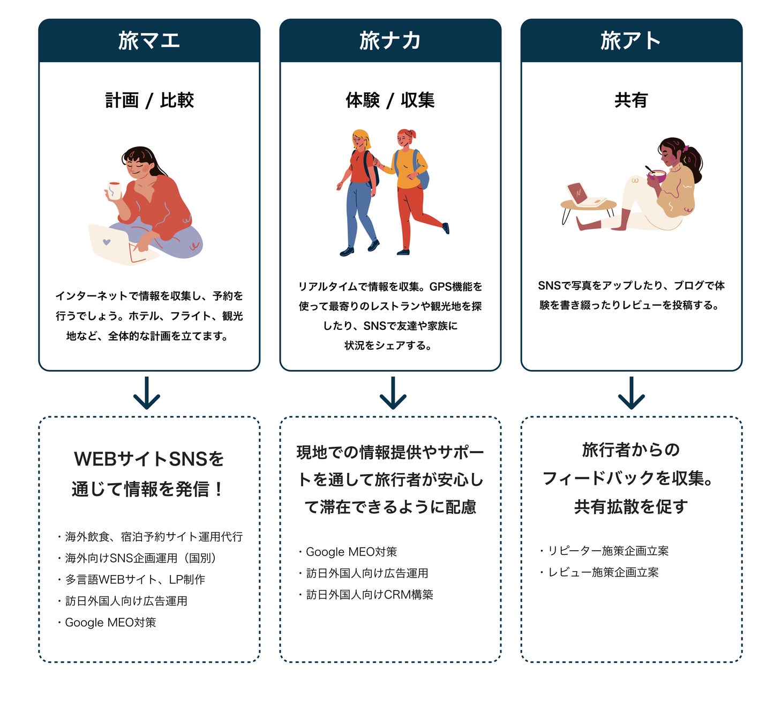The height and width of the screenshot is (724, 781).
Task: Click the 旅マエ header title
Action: tap(149, 41)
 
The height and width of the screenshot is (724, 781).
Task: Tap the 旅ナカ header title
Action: tap(390, 41)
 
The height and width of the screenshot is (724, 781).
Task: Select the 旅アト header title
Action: tap(631, 41)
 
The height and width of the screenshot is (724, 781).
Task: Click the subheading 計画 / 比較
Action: tap(149, 100)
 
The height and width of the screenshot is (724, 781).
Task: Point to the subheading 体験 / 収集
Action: tap(390, 100)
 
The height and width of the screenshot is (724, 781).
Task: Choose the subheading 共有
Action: tap(631, 100)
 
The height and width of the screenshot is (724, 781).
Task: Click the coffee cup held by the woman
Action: tap(114, 189)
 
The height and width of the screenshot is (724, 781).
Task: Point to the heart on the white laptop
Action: tap(107, 242)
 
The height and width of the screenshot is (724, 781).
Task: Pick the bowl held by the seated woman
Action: tap(656, 175)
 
